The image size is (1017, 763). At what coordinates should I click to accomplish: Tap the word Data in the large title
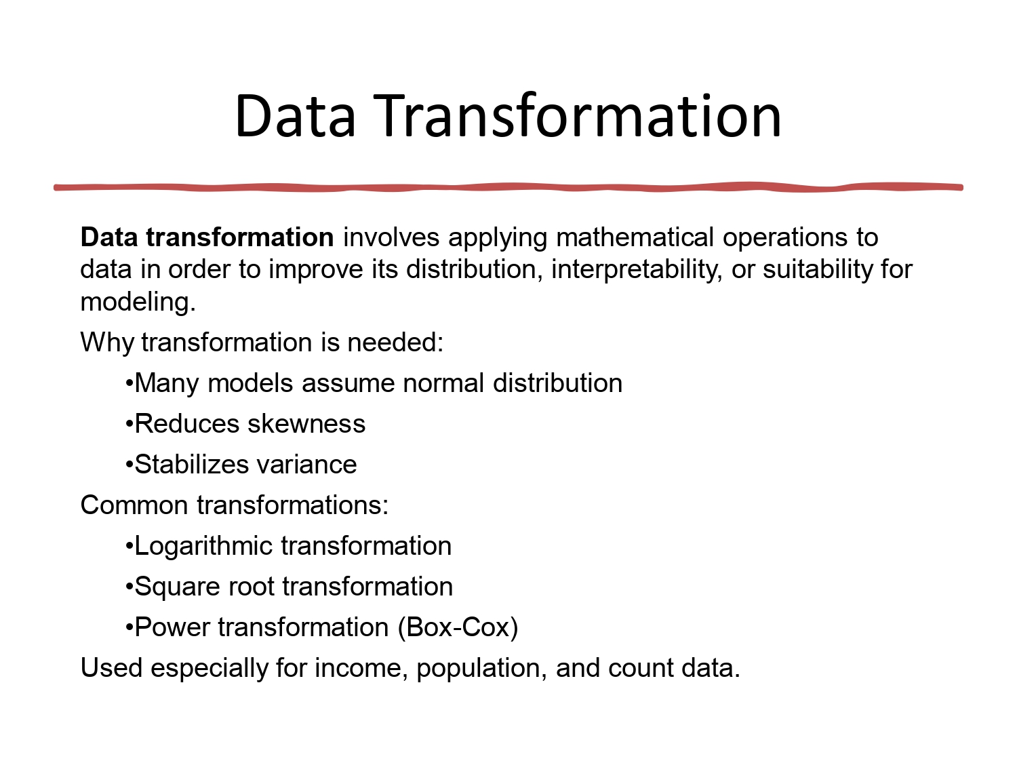coord(295,116)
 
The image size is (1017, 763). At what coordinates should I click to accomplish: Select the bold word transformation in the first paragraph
coord(239,237)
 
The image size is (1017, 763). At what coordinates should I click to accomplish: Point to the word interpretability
coord(635,269)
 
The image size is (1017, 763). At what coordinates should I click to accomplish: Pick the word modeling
coord(138,301)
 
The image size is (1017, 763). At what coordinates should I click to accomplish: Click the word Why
coord(107,342)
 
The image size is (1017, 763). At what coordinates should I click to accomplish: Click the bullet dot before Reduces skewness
coord(129,424)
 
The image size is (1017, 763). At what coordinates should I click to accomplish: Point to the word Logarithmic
coord(203,546)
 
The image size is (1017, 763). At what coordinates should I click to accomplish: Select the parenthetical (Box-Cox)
coord(458,627)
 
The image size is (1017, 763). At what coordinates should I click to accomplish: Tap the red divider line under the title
coord(509,187)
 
